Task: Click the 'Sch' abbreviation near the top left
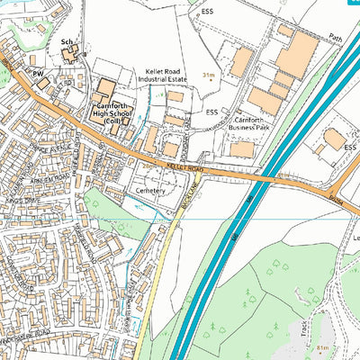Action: [x=67, y=42]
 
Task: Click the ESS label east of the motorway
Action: [x=349, y=147]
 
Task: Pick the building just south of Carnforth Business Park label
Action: [x=240, y=148]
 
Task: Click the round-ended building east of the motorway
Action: [x=335, y=139]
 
